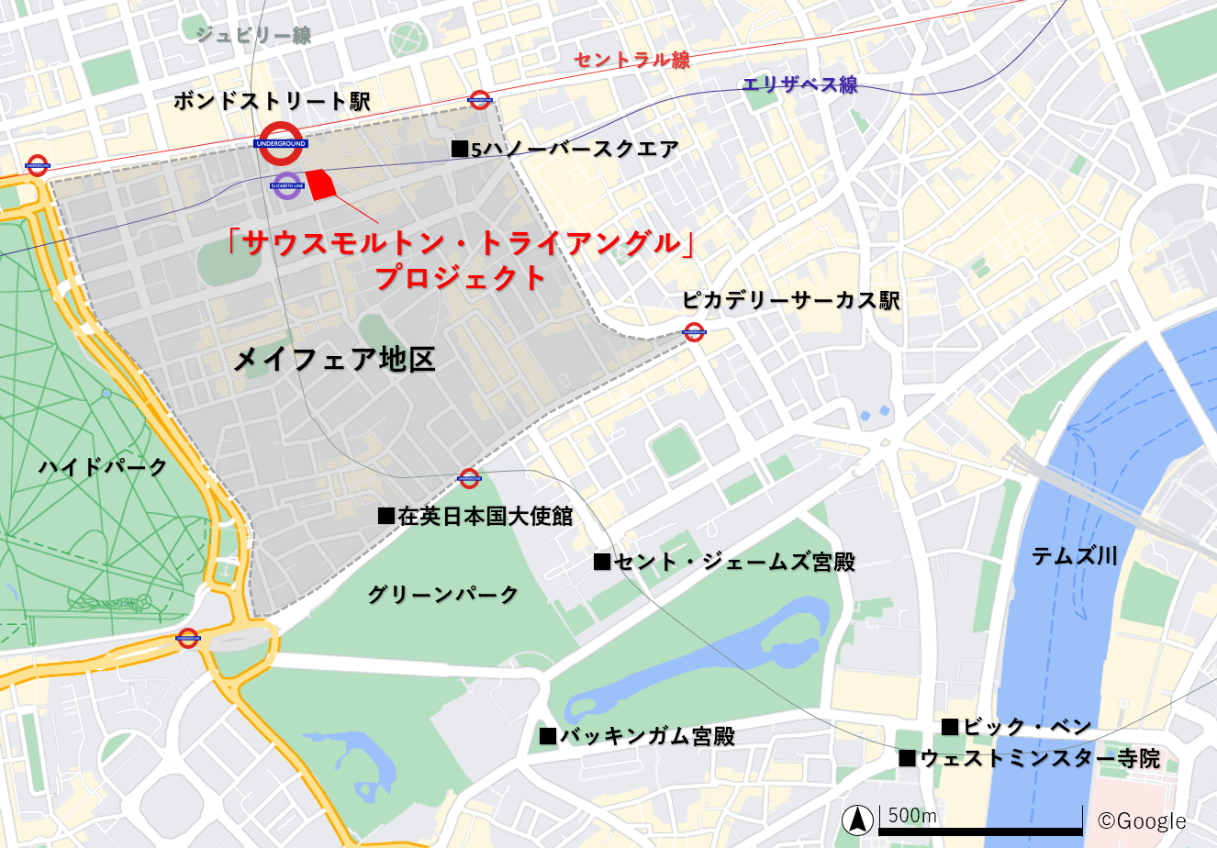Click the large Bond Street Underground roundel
pos(281,143)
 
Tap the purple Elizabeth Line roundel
pos(287,185)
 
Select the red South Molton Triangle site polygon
pos(320,184)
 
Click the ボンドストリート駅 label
pos(272,101)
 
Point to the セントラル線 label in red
pos(631,60)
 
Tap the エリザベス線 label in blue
pos(799,84)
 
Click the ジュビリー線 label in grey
pos(253,35)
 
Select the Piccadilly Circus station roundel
pos(694,331)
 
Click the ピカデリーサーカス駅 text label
pos(791,301)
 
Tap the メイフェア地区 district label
pos(334,359)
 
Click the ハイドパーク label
pos(103,466)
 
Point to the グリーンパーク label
pos(443,595)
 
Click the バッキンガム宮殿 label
pos(638,736)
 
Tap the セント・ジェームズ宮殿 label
pos(724,562)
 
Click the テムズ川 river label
pos(1074,555)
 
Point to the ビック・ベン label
pos(1017,727)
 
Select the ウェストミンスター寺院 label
pos(1030,759)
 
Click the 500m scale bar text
pos(912,815)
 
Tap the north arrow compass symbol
pos(858,819)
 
